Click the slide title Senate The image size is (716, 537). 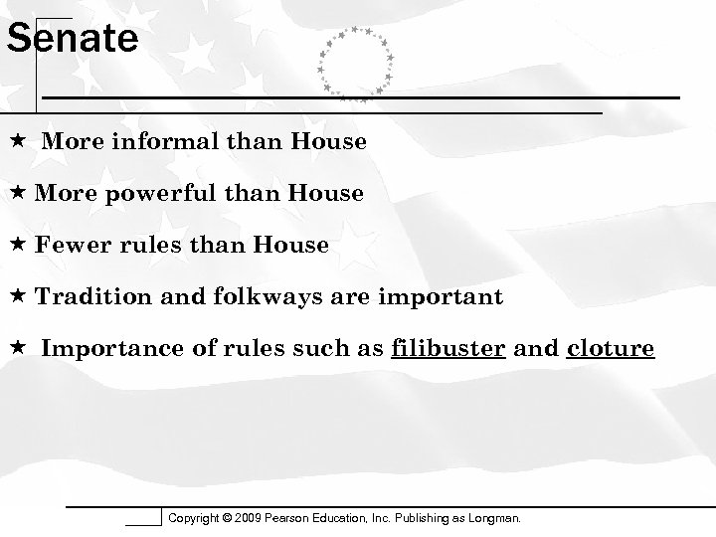pyautogui.click(x=72, y=40)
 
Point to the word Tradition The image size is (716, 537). pyautogui.click(x=88, y=297)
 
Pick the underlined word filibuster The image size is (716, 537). pyautogui.click(x=450, y=349)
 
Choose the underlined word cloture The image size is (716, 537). pyautogui.click(x=610, y=349)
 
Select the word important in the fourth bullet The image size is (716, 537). pyautogui.click(x=450, y=297)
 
